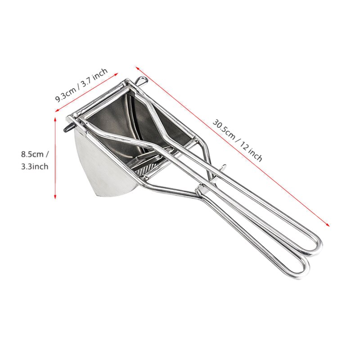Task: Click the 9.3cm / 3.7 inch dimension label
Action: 81,85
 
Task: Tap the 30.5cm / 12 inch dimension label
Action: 237,140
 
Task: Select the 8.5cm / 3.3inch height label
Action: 35,160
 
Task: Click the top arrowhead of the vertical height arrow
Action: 55,119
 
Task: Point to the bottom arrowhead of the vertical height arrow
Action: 55,197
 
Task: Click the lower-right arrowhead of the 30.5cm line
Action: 328,225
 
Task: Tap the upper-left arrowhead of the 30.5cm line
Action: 137,68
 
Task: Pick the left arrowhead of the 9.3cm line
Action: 57,111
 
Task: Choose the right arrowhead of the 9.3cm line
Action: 116,74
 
